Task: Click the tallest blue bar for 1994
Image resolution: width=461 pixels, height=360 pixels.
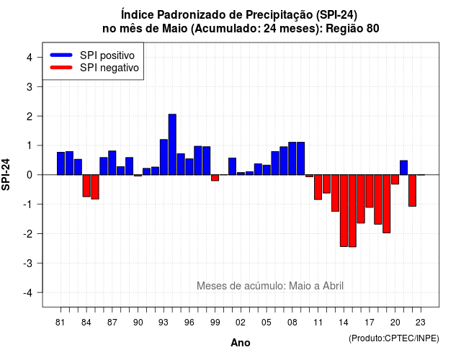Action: point(172,144)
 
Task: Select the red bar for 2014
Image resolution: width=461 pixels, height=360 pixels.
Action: point(344,210)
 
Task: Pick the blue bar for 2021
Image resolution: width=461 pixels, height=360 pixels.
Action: point(403,168)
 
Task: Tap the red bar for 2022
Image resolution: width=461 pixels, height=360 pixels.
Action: point(412,190)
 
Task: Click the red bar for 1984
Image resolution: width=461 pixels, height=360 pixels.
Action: point(86,186)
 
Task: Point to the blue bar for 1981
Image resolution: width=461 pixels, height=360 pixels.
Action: point(61,163)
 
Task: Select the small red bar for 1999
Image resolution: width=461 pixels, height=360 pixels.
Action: point(215,178)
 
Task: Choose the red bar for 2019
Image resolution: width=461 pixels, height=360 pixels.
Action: point(387,204)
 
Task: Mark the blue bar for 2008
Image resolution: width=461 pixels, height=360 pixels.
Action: point(292,158)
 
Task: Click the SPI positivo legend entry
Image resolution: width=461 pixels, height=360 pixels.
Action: point(92,55)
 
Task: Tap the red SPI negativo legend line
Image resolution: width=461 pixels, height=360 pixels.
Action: point(61,67)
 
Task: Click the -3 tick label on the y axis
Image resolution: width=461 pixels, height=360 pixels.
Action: point(28,263)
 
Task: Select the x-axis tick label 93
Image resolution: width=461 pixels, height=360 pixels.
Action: point(164,323)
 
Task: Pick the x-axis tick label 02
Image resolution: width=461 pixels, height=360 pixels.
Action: point(241,323)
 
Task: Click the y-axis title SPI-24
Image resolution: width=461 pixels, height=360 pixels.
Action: point(6,174)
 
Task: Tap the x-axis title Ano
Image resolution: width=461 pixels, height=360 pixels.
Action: point(241,343)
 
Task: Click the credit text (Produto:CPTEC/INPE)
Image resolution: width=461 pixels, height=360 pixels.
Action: point(394,338)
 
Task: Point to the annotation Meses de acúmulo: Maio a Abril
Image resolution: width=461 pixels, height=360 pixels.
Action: point(270,286)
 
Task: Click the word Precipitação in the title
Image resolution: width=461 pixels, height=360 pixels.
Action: point(279,14)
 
